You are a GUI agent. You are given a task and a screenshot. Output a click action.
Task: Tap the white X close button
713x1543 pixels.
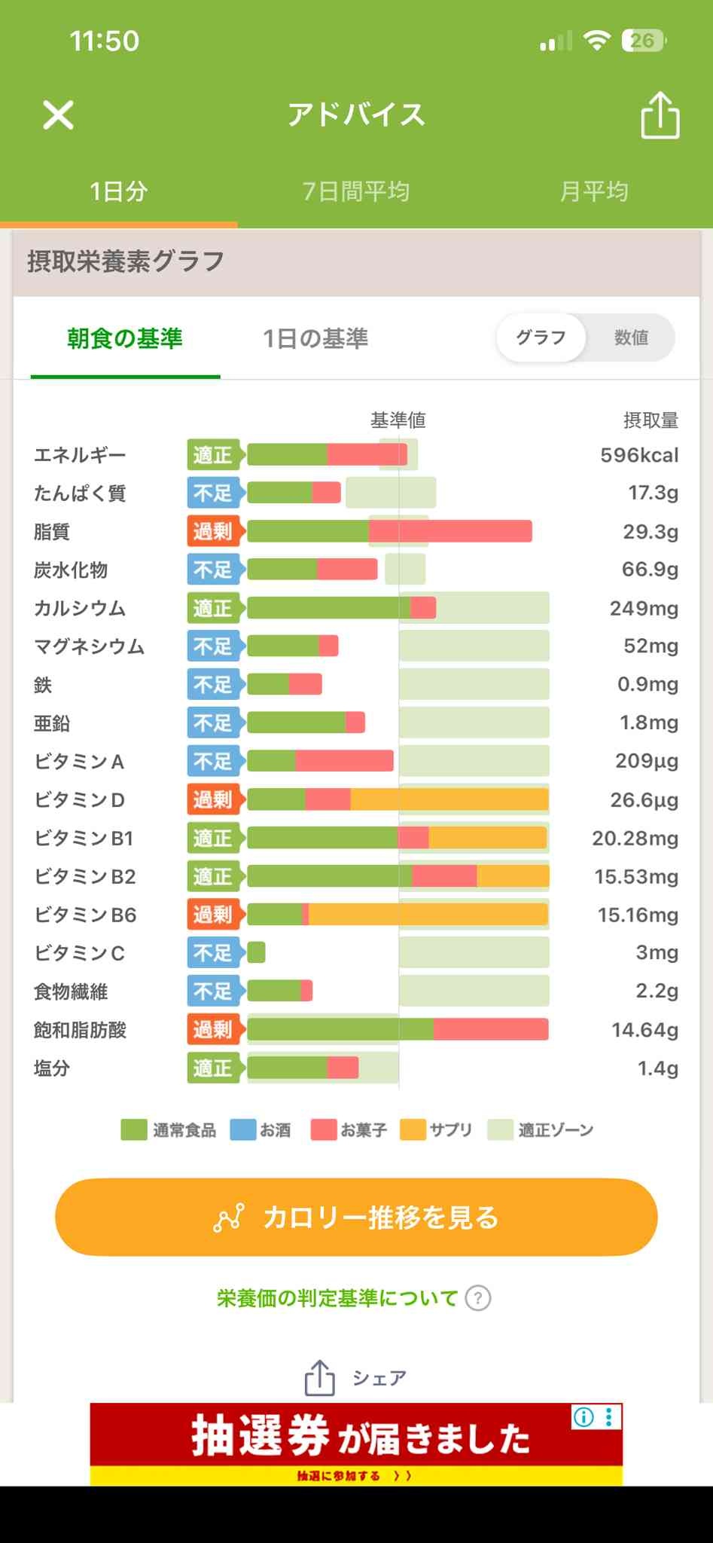coord(58,115)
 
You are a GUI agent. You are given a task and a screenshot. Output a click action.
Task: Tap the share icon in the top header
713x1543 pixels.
coord(660,115)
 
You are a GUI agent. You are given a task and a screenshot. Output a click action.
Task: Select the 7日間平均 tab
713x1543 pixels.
coord(355,191)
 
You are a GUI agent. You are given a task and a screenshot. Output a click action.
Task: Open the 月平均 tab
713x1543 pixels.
coord(593,191)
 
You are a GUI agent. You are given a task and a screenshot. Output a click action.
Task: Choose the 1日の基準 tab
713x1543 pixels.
coord(315,338)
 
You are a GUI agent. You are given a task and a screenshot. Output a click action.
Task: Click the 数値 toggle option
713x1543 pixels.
coord(631,338)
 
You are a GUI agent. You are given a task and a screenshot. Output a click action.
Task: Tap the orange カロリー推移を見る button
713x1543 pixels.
coord(356,1217)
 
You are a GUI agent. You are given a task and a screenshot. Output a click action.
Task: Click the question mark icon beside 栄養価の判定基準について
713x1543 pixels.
coord(478,1298)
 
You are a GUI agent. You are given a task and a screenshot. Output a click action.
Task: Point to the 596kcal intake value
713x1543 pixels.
coord(639,455)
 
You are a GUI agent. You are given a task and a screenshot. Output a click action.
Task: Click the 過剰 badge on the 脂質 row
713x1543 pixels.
coord(213,531)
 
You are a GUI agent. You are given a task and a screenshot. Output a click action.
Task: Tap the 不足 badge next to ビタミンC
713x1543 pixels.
coord(213,953)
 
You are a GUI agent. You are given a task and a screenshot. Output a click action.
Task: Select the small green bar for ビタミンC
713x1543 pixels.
coord(256,952)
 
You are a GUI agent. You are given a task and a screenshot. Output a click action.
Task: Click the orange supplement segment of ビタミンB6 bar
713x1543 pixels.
coord(428,915)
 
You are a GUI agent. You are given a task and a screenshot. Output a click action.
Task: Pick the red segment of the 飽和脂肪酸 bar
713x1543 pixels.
coord(490,1029)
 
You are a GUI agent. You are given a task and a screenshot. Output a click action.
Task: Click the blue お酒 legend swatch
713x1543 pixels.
coord(242,1130)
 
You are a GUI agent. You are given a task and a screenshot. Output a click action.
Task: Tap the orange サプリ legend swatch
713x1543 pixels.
coord(413,1130)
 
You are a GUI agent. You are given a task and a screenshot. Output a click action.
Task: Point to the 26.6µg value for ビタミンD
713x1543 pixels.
coord(644,799)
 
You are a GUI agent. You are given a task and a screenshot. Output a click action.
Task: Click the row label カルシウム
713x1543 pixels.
coord(80,608)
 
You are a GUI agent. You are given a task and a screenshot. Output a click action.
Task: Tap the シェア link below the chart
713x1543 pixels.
coord(355,1378)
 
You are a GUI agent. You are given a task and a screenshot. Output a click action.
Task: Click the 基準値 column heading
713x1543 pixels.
coord(398,420)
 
